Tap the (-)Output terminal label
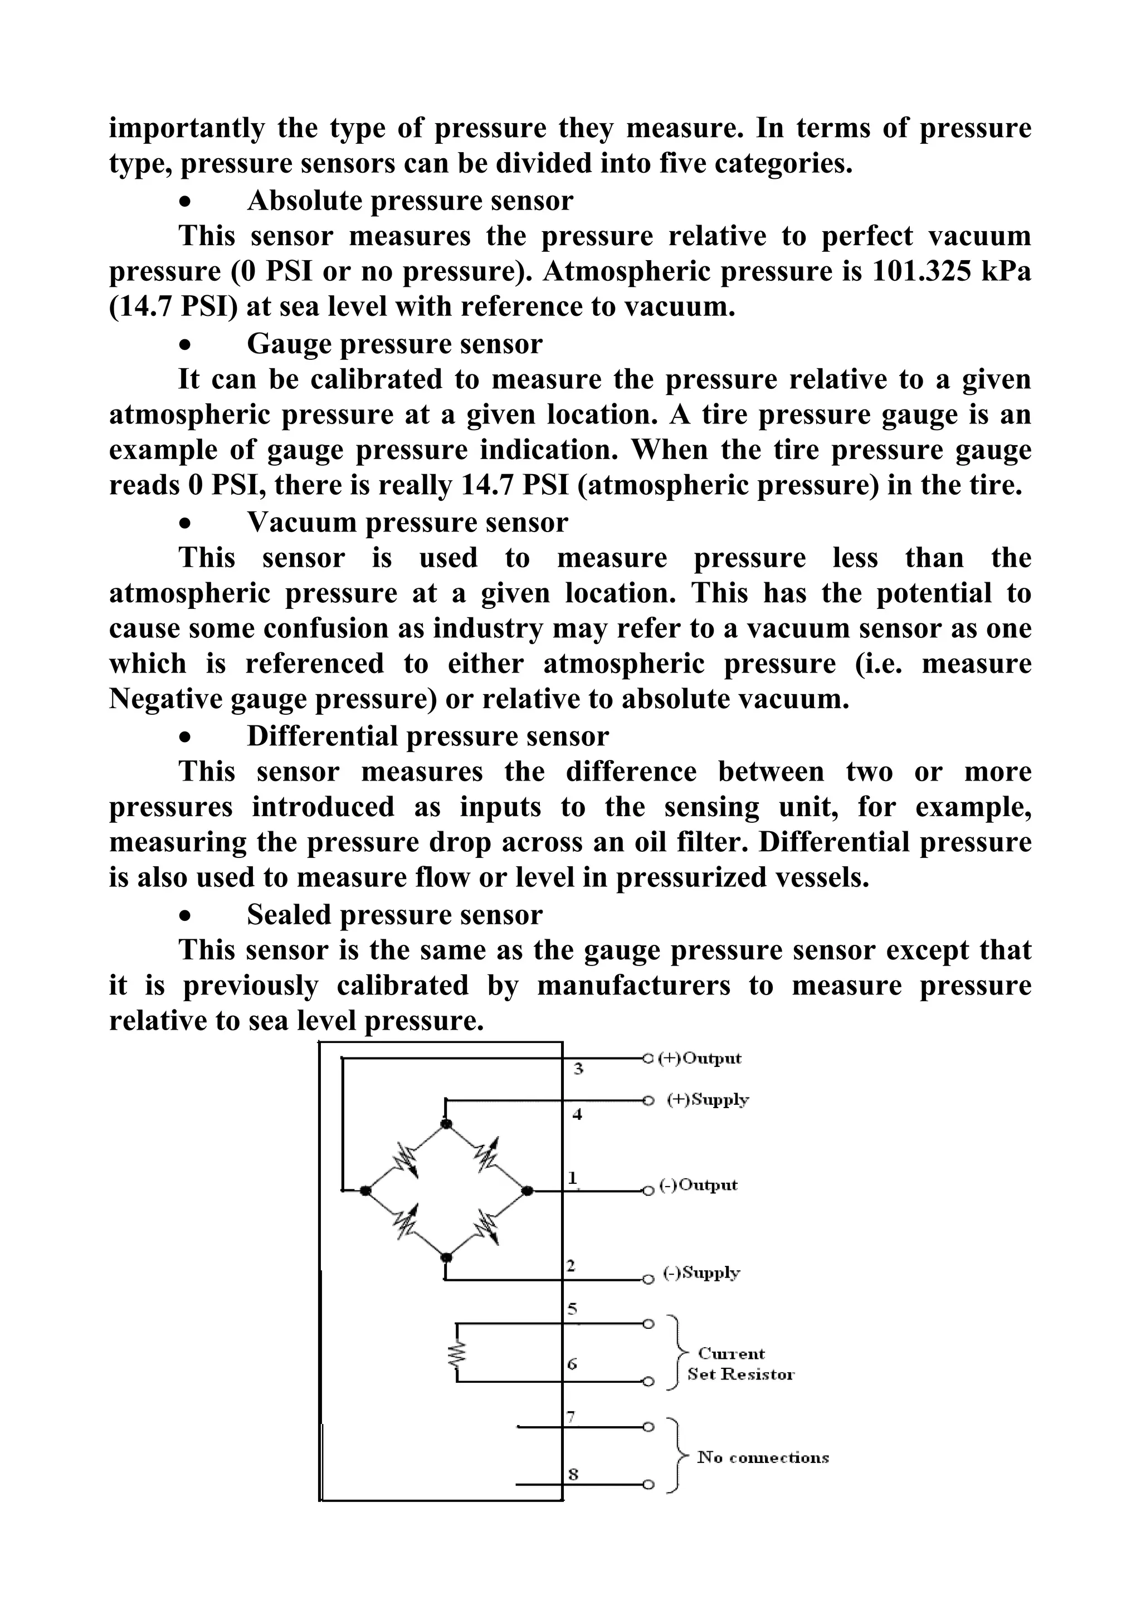point(698,1185)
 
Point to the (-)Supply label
point(701,1272)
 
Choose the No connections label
point(763,1457)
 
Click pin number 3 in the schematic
point(578,1069)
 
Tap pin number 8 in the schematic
point(573,1475)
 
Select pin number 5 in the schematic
point(572,1309)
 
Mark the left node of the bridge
point(365,1190)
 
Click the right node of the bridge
point(526,1190)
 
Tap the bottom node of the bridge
point(445,1257)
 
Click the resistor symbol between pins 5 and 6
point(457,1354)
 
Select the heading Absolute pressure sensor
point(410,201)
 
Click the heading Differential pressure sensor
point(427,736)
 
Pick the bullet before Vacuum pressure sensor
point(185,524)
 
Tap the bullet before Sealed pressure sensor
point(185,916)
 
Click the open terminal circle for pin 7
point(648,1426)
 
